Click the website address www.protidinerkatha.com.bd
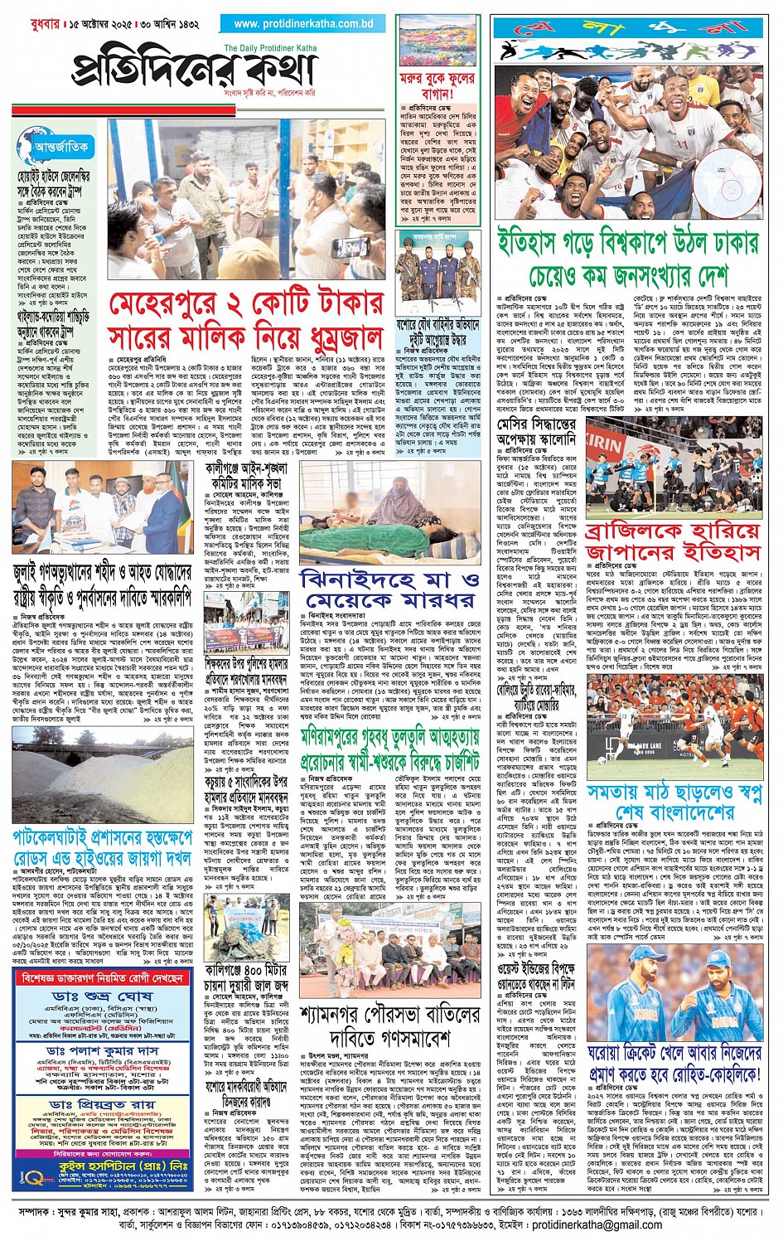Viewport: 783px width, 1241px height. click(x=303, y=24)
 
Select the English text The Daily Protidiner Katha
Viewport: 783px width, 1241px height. click(x=270, y=49)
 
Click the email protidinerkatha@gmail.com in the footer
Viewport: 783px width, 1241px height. click(x=597, y=1224)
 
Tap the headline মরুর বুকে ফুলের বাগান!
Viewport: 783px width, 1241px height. click(x=437, y=87)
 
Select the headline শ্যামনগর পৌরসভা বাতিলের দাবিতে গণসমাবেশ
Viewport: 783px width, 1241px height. click(x=389, y=1025)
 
